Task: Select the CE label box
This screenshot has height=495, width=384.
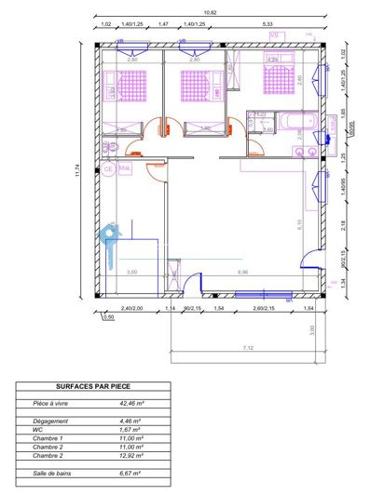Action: [108, 169]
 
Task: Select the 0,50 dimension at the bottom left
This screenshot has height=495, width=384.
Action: [108, 317]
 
